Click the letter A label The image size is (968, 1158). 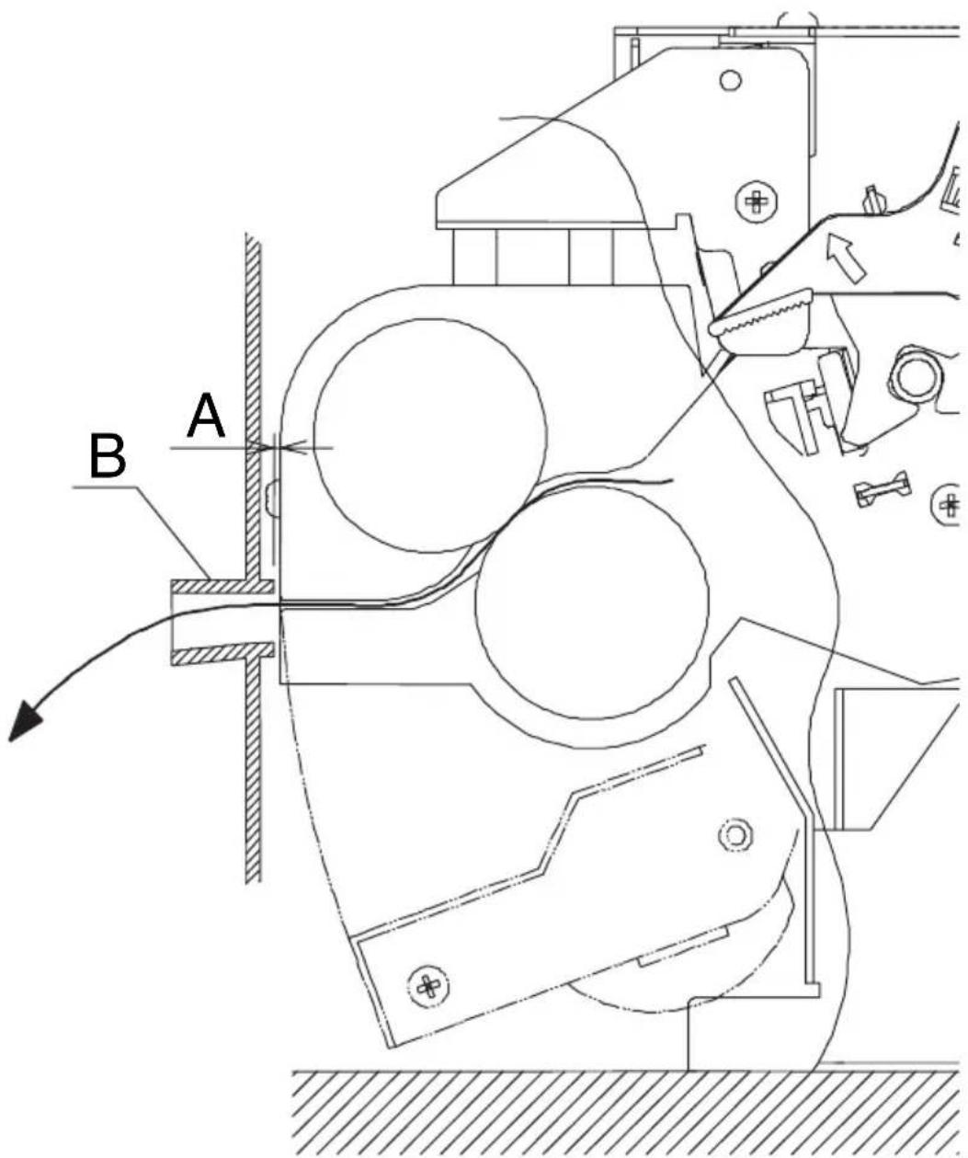[x=206, y=415]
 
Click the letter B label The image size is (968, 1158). [x=108, y=456]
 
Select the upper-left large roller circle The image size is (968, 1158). [x=430, y=435]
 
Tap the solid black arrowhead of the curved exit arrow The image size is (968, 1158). [x=24, y=720]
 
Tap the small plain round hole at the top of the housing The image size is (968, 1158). [x=730, y=80]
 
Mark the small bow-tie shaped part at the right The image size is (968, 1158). [x=883, y=488]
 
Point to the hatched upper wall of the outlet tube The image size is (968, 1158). [x=222, y=586]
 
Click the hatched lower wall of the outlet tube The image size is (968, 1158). [x=222, y=653]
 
